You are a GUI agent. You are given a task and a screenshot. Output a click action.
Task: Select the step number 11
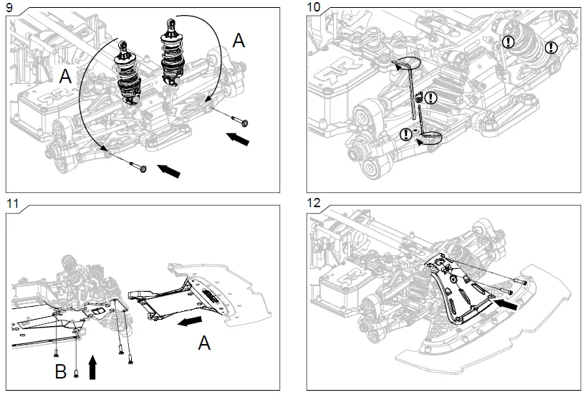[11, 203]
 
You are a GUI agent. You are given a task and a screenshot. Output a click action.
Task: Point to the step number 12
[314, 203]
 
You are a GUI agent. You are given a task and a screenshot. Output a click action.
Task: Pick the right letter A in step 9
[238, 41]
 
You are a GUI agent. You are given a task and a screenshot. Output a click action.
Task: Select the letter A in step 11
[205, 345]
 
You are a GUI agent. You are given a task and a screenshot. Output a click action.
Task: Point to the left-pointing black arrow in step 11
[189, 321]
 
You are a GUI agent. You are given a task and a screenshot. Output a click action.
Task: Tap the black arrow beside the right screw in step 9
[239, 138]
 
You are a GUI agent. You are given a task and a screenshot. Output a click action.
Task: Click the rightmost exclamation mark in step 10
[551, 47]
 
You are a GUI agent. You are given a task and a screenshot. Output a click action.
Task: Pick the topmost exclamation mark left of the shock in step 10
[508, 42]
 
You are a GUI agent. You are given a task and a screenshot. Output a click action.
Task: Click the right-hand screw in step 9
[239, 120]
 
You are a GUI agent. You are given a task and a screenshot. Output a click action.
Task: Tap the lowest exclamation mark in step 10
[407, 133]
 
